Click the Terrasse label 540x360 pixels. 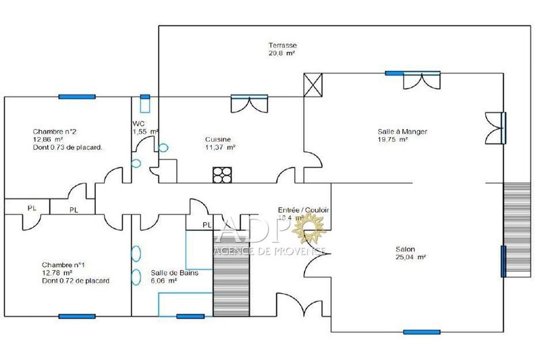[282, 45]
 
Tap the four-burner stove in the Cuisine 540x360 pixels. [221, 175]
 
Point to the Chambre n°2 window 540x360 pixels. [76, 97]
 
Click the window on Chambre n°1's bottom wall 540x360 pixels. [76, 315]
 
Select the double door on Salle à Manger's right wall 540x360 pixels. [496, 126]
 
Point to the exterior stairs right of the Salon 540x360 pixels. [518, 229]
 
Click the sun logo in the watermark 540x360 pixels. [312, 232]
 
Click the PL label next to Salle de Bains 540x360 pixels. [207, 225]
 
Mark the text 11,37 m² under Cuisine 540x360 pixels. [220, 147]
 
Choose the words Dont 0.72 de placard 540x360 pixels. [76, 280]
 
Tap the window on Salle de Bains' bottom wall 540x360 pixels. [190, 315]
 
